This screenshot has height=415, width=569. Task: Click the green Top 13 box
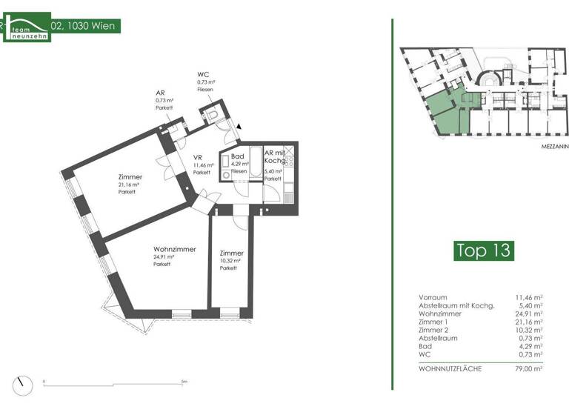(484, 250)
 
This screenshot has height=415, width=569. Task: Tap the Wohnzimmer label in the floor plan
(174, 249)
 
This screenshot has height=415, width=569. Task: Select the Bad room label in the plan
(238, 156)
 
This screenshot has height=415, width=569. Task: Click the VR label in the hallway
(198, 157)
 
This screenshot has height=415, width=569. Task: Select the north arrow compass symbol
(28, 385)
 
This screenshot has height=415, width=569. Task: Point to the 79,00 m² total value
(529, 368)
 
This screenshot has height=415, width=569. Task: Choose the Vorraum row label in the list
(432, 297)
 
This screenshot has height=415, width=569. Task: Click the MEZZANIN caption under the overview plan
(553, 147)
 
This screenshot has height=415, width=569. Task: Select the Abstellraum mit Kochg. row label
(456, 305)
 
